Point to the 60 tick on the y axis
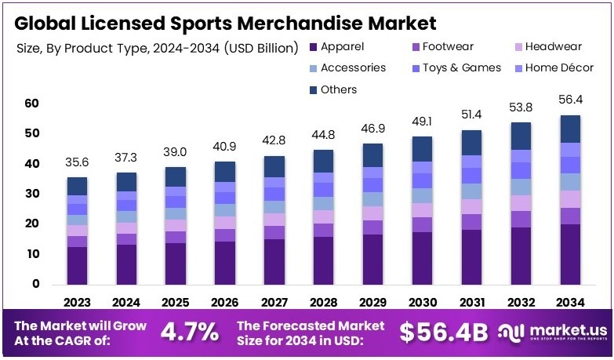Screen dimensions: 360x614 pyautogui.click(x=31, y=103)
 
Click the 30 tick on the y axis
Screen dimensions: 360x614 pyautogui.click(x=31, y=194)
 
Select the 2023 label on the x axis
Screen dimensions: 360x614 pyautogui.click(x=77, y=303)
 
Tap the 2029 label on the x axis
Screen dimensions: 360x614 pyautogui.click(x=372, y=303)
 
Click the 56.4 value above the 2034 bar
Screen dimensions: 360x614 pyautogui.click(x=571, y=100)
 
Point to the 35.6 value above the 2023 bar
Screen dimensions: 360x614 pyautogui.click(x=77, y=162)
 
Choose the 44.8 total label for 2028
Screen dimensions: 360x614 pyautogui.click(x=323, y=134)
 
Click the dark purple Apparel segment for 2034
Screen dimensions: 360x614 pyautogui.click(x=571, y=254)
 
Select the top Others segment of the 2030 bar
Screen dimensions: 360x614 pyautogui.click(x=422, y=149)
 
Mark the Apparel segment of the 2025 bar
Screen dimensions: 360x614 pyautogui.click(x=176, y=264)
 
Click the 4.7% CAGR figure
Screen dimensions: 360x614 pyautogui.click(x=189, y=332)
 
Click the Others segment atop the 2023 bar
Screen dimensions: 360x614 pyautogui.click(x=77, y=186)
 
